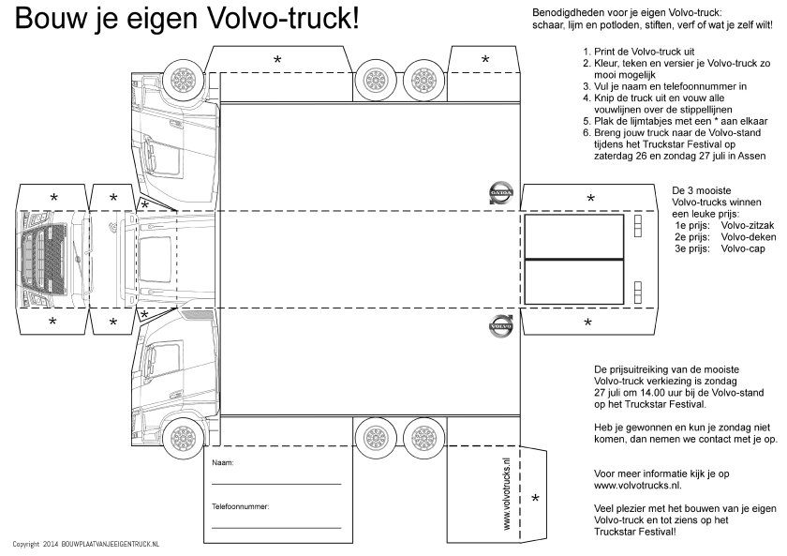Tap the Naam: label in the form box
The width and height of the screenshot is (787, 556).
[223, 463]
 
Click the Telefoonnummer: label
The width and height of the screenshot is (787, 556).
[241, 506]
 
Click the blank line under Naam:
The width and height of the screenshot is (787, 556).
[275, 484]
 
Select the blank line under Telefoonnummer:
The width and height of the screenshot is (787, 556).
[275, 527]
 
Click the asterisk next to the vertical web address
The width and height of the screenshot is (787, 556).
[536, 498]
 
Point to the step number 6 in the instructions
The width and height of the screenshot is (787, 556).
[585, 134]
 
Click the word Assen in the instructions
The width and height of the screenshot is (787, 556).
[750, 158]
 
